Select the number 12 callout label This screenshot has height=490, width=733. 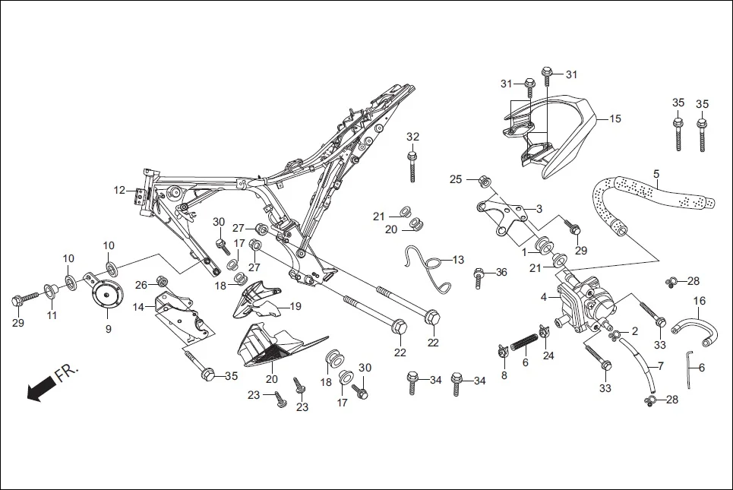coord(119,190)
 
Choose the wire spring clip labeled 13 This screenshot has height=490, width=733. coord(429,266)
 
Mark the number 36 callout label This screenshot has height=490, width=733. coord(501,272)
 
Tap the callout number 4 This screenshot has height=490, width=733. coord(543,296)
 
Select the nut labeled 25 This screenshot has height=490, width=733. coord(484,182)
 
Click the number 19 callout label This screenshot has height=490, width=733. coord(295,307)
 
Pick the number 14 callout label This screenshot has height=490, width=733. coord(138,307)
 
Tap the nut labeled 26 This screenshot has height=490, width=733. coord(161,283)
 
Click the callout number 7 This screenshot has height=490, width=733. coord(660,366)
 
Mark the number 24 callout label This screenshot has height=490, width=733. coord(549,354)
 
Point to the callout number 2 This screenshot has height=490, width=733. coord(635,331)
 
